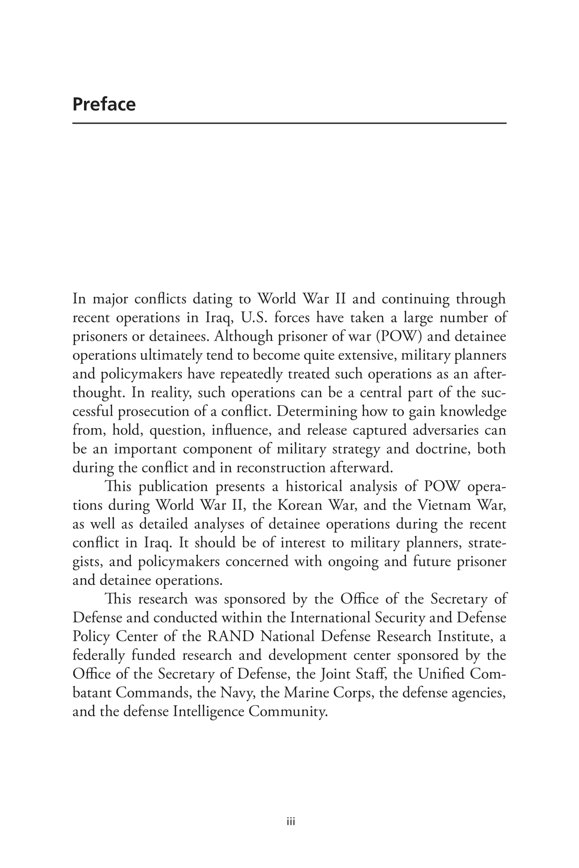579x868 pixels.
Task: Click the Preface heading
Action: coord(104,104)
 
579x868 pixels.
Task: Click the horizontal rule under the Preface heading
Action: coord(289,123)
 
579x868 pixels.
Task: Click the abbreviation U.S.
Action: coord(254,317)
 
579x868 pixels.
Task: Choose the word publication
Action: coord(174,487)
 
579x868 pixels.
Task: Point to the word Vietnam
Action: coord(445,505)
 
